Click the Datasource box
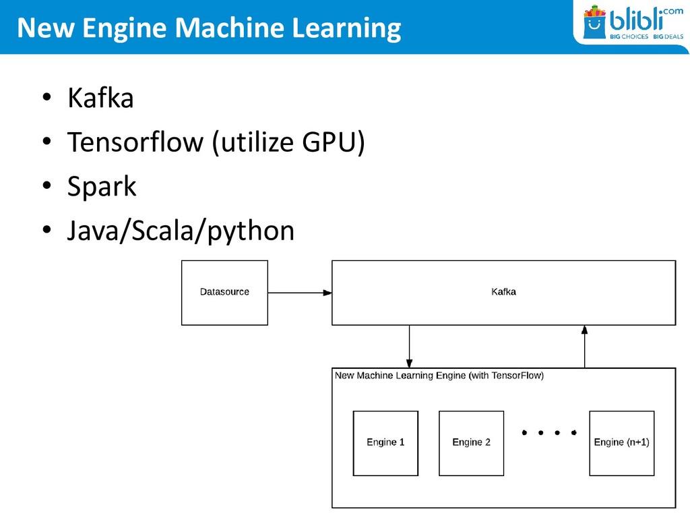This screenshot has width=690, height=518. (x=224, y=292)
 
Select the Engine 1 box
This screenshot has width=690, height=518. (x=385, y=443)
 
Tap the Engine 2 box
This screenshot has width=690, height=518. (x=471, y=443)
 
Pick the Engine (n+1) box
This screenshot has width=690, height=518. (x=621, y=443)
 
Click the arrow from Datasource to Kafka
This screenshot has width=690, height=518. (x=299, y=293)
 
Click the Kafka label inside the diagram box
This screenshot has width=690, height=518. (x=503, y=292)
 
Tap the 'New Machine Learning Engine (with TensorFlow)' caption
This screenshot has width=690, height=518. (x=439, y=376)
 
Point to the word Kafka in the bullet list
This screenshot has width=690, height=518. (x=100, y=98)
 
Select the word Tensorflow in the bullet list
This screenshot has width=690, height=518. (x=135, y=142)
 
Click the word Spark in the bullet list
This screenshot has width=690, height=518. (x=102, y=187)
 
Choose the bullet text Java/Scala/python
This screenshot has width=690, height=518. (x=181, y=231)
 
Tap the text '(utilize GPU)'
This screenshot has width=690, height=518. (x=288, y=142)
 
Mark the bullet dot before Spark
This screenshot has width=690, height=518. (x=46, y=188)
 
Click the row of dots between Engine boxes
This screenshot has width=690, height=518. (x=549, y=432)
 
